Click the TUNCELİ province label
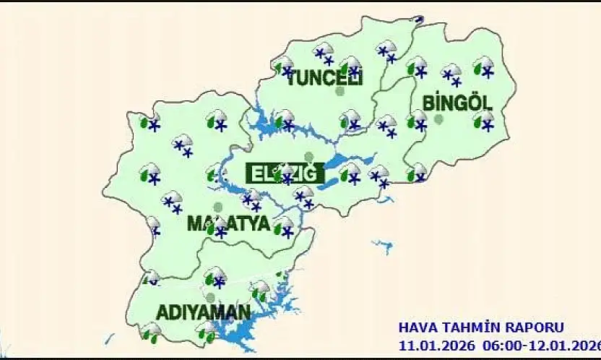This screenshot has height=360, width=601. click(x=324, y=77)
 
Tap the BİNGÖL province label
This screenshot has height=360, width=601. click(x=457, y=102)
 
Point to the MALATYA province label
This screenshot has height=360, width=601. click(x=228, y=223)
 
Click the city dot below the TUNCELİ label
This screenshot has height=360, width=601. click(x=340, y=92)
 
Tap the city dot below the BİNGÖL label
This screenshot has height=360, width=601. click(x=438, y=119)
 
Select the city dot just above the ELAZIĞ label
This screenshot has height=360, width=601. click(x=309, y=156)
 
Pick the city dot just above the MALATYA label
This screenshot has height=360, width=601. click(x=217, y=207)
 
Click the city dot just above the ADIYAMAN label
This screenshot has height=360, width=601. click(x=210, y=297)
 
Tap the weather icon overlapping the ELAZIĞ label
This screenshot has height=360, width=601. click(x=286, y=173)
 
